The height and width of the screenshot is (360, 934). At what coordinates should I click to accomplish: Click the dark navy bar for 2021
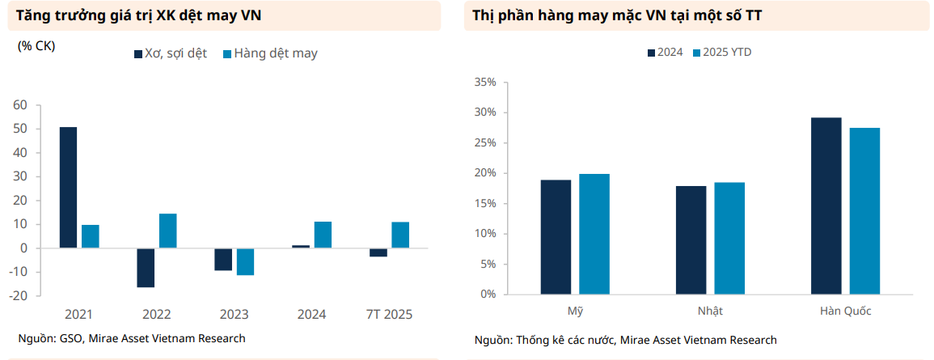point(69,188)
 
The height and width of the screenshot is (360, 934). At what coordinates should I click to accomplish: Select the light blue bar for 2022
point(168,231)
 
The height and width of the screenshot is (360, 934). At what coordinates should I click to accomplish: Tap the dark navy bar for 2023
point(223,259)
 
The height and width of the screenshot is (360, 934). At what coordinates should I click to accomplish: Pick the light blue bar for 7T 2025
point(400,235)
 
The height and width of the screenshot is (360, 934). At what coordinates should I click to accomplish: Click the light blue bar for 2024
point(323,235)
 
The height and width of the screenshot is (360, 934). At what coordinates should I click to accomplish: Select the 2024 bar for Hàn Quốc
point(826,205)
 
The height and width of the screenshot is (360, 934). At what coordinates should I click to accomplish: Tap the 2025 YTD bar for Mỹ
point(594,234)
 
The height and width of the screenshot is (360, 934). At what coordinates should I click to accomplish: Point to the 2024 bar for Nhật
point(691,240)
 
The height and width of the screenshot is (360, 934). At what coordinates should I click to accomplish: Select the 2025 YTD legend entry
point(727,52)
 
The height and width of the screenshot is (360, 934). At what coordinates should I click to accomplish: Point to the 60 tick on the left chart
point(20,105)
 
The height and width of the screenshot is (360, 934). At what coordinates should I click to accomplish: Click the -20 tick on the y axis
point(19,296)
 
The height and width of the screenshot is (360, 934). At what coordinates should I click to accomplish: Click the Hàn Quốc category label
point(845,311)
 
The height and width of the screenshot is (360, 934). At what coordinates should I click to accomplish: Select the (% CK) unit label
point(36,46)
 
